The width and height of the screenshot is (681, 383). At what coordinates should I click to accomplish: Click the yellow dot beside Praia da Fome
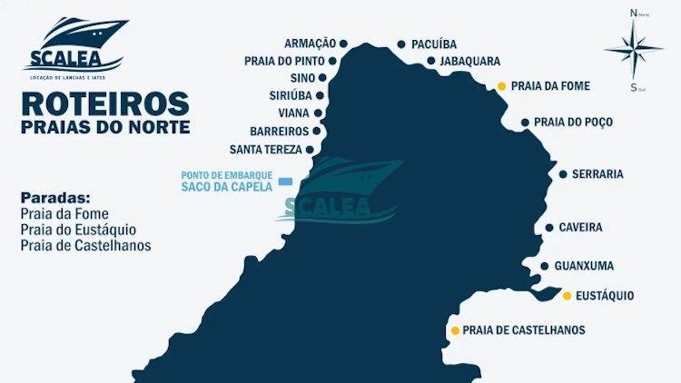(501, 87)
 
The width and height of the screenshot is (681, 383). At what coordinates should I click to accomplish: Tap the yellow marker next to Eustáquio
(567, 296)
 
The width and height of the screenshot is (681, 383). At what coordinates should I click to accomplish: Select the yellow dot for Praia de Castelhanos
(455, 330)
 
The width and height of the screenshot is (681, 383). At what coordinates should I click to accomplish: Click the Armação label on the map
(310, 44)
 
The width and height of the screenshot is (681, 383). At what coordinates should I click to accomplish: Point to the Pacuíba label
(434, 44)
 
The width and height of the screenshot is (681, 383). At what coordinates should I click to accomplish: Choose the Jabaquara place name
(469, 62)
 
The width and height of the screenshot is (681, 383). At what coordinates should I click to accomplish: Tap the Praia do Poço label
(573, 122)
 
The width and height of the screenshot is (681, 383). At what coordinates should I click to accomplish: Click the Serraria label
(597, 174)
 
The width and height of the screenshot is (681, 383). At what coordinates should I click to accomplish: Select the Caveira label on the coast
(580, 228)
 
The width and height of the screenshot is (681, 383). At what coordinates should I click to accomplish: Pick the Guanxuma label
(584, 266)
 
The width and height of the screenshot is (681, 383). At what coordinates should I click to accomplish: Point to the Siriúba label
(291, 95)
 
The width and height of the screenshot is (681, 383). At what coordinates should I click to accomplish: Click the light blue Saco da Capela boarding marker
(286, 182)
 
